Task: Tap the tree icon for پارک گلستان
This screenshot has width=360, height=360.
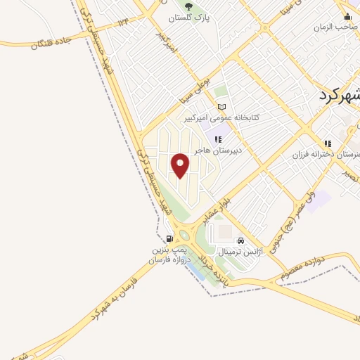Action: pyautogui.click(x=187, y=6)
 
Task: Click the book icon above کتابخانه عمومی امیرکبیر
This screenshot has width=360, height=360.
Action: pyautogui.click(x=222, y=107)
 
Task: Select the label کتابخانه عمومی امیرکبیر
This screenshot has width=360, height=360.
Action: pyautogui.click(x=221, y=117)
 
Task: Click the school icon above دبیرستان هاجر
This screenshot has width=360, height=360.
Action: pyautogui.click(x=218, y=139)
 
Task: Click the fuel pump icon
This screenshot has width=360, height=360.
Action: pyautogui.click(x=169, y=239)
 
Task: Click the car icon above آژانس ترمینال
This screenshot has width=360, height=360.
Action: pyautogui.click(x=241, y=240)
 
